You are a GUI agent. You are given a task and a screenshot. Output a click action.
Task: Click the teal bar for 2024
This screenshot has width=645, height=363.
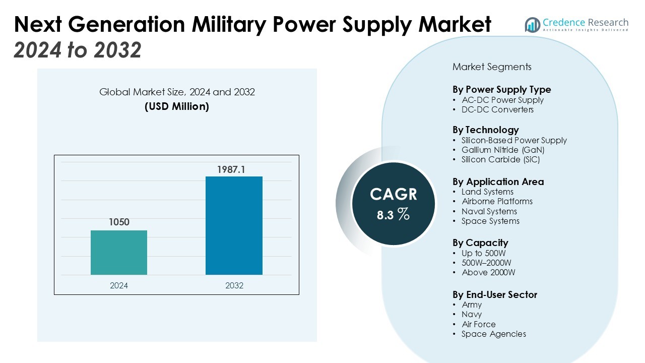[x=119, y=253]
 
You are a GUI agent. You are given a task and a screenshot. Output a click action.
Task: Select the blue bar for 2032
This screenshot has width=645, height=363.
[x=234, y=225]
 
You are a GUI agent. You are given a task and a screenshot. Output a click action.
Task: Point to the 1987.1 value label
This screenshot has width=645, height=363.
[x=231, y=169]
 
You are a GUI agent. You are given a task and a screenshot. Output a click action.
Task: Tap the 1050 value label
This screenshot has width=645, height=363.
[x=119, y=222]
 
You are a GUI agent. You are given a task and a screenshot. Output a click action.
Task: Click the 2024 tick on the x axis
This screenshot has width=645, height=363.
[x=119, y=285]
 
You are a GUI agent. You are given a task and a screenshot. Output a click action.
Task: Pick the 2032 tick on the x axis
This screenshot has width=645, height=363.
[x=234, y=285]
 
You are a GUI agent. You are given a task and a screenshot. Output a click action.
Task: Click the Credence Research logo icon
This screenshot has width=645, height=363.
[x=532, y=24]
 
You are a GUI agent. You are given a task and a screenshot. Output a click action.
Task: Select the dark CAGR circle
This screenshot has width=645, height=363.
[x=394, y=204]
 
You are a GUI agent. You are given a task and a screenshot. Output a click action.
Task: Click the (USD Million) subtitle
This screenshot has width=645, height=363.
[x=177, y=107]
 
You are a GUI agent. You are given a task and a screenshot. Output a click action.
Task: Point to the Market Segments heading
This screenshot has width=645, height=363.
[x=492, y=67]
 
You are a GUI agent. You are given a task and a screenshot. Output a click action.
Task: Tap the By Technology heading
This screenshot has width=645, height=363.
[x=485, y=130]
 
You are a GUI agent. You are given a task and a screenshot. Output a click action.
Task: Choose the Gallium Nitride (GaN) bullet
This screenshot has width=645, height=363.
[x=503, y=150]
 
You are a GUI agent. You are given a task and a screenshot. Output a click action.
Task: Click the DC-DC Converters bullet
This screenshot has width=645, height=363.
[x=497, y=109]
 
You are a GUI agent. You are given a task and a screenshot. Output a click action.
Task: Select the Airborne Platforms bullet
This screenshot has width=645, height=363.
[x=497, y=201]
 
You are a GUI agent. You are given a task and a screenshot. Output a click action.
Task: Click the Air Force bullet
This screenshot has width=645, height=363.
[x=479, y=324]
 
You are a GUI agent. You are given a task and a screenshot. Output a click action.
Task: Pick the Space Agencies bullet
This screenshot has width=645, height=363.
[x=493, y=334]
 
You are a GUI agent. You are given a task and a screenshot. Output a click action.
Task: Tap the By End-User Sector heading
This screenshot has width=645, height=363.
[x=495, y=294]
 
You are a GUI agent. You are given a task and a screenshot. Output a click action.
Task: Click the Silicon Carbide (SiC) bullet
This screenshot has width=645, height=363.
[x=500, y=159]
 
